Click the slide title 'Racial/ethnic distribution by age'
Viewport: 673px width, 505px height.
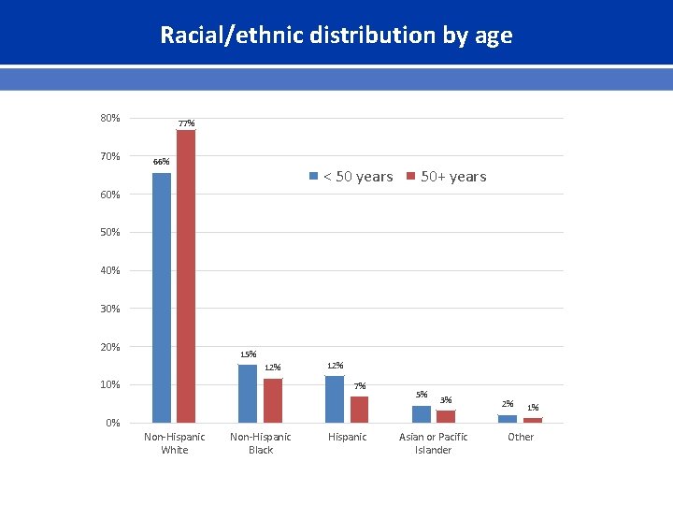coord(336,36)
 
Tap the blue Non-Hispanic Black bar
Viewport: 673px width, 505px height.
coord(248,394)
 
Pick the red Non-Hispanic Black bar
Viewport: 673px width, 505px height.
coord(273,400)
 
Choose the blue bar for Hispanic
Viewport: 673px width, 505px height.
coord(335,399)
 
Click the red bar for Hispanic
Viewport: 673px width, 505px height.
coord(360,410)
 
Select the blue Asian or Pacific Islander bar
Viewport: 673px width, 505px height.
coord(422,414)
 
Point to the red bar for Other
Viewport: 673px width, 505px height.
coord(533,420)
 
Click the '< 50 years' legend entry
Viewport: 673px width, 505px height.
coord(351,177)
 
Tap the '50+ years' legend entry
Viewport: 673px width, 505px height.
coord(447,177)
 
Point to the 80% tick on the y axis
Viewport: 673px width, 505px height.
coord(110,118)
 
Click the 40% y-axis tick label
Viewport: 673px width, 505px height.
coord(110,270)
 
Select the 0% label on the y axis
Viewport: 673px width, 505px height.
coord(112,423)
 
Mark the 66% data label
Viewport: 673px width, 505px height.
coord(162,162)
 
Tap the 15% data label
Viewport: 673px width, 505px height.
coord(248,354)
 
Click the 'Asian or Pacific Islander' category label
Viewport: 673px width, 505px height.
coord(434,443)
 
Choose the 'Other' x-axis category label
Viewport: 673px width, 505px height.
coord(521,437)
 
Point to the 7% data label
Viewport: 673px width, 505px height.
coord(360,386)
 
